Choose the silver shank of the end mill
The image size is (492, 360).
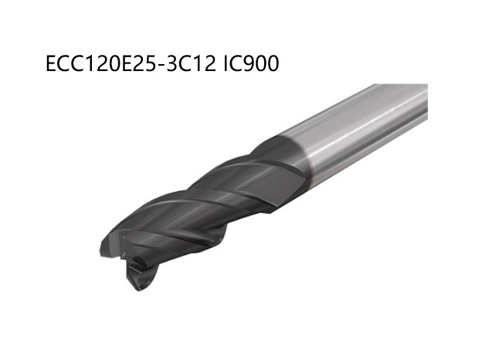coord(363,124)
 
